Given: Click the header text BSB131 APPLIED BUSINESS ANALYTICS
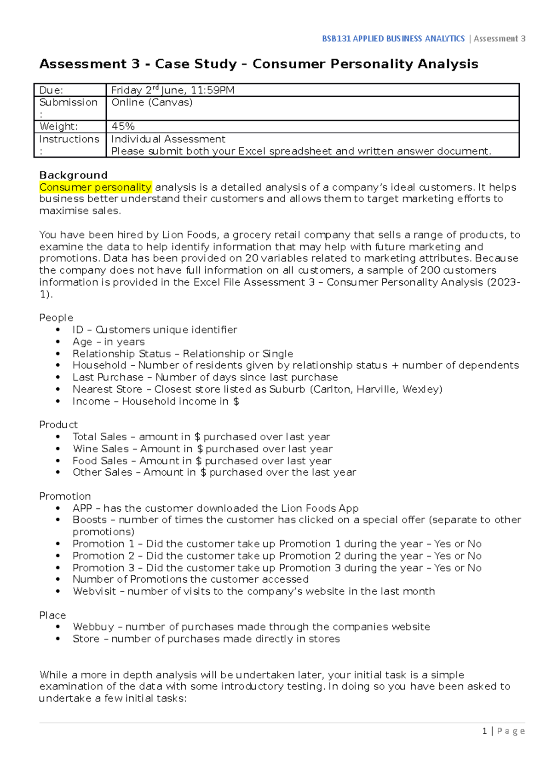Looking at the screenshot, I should pyautogui.click(x=393, y=39).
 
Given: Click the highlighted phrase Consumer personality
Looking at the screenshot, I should pyautogui.click(x=95, y=187).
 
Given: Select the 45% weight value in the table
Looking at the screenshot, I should pyautogui.click(x=123, y=126).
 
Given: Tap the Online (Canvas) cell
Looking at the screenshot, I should pyautogui.click(x=152, y=102).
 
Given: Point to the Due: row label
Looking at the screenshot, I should pyautogui.click(x=51, y=90).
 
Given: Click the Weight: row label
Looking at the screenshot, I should pyautogui.click(x=58, y=126).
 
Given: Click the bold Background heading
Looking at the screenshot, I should pyautogui.click(x=73, y=175).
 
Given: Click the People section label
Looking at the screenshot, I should pyautogui.click(x=56, y=318).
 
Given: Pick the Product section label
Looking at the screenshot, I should pyautogui.click(x=58, y=425).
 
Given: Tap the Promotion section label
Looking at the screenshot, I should pyautogui.click(x=65, y=496).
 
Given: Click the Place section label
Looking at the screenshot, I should pyautogui.click(x=52, y=615).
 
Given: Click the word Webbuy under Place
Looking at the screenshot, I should pyautogui.click(x=93, y=627).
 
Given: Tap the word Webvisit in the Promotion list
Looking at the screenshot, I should pyautogui.click(x=94, y=591).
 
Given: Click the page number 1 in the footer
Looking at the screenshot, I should pyautogui.click(x=485, y=731).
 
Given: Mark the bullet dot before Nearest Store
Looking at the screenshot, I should pyautogui.click(x=58, y=389).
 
